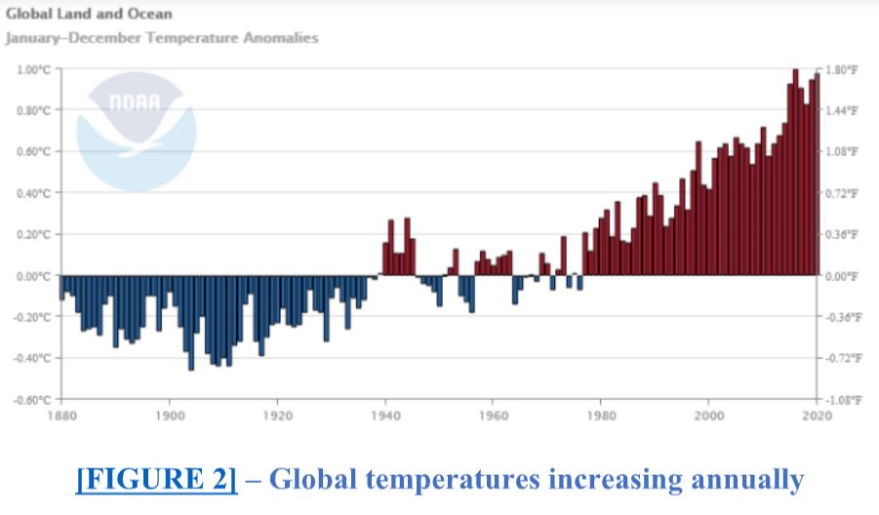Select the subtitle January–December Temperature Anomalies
[x=162, y=38]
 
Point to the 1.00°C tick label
[x=32, y=69]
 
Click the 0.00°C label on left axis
[x=32, y=275]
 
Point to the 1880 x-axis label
[x=61, y=414]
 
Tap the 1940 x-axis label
[x=385, y=414]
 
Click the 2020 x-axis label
[x=817, y=414]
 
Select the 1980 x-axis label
[x=601, y=414]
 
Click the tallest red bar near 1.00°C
[x=795, y=172]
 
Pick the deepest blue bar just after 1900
[x=191, y=322]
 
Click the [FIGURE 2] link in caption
[x=156, y=480]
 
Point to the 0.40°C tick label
[x=32, y=193]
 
